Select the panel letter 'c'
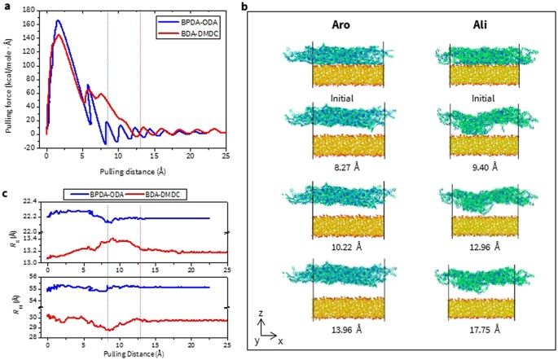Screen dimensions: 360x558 [x=6, y=194]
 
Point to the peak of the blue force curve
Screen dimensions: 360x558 [x=58, y=20]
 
